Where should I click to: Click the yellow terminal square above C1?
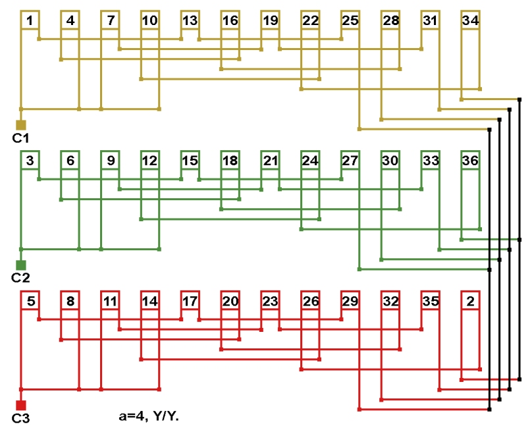tap(21, 124)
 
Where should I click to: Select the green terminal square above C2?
tap(21, 265)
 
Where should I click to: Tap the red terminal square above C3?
tap(21, 405)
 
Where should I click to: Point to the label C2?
tap(21, 278)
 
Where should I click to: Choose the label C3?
tap(21, 418)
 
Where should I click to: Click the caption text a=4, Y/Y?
tap(148, 416)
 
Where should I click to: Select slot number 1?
tap(30, 21)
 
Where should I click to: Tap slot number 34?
tap(470, 21)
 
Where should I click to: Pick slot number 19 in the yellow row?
tap(270, 21)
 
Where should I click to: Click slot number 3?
tap(30, 161)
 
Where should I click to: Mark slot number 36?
tap(470, 161)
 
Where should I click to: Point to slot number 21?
tap(270, 161)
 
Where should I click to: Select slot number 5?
tap(30, 302)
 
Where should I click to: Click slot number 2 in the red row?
tap(470, 302)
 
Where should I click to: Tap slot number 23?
tap(270, 302)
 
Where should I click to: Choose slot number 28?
tap(390, 21)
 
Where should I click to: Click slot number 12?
tap(149, 161)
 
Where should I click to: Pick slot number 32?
tap(390, 302)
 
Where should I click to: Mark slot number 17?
tap(190, 302)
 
